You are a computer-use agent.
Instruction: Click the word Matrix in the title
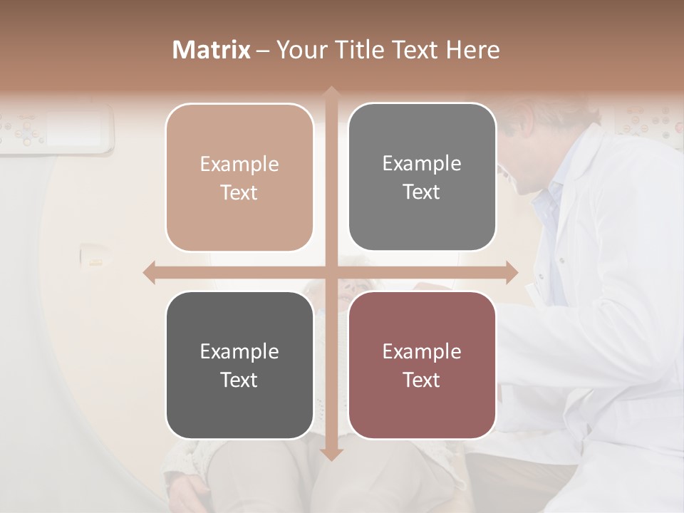(x=212, y=50)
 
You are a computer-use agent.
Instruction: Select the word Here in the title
(x=472, y=50)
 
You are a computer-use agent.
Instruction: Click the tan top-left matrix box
(x=239, y=177)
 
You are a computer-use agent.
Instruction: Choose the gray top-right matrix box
(x=422, y=177)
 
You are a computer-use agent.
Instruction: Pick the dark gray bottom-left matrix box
(x=239, y=365)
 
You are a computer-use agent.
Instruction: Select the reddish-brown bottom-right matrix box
(x=422, y=365)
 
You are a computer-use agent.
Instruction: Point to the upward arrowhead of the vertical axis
(x=331, y=93)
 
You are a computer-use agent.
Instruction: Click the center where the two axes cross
(x=331, y=272)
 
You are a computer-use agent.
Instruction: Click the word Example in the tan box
(x=239, y=164)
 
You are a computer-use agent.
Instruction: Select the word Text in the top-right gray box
(x=422, y=192)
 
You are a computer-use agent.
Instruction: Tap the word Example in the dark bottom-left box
(x=239, y=351)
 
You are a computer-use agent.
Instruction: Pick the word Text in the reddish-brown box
(x=422, y=380)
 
